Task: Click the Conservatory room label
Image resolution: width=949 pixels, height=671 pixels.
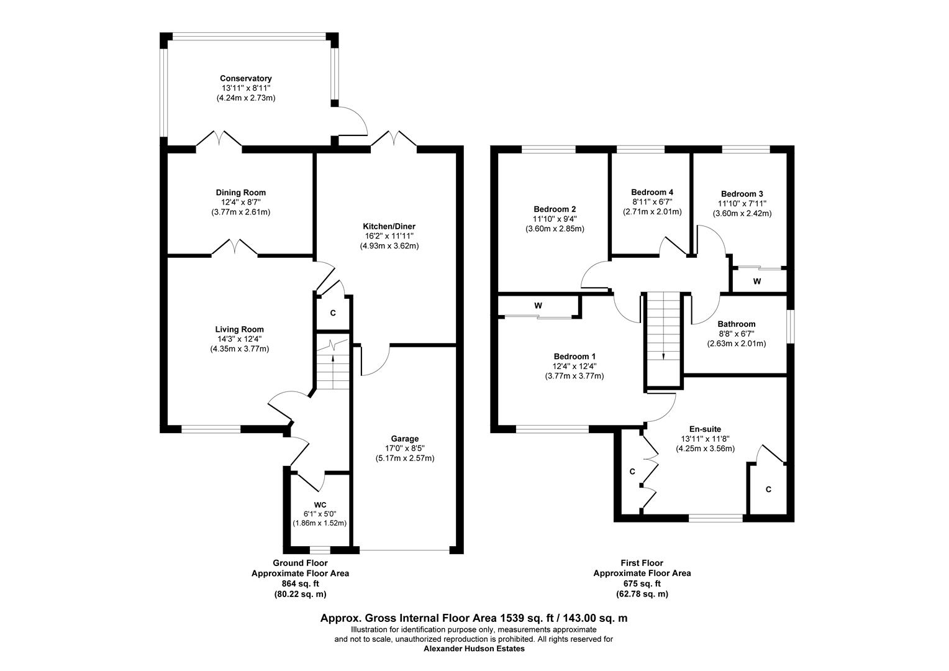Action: (x=245, y=78)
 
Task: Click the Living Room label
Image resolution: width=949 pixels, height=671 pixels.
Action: (x=239, y=329)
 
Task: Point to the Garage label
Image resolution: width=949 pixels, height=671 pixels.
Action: (x=404, y=439)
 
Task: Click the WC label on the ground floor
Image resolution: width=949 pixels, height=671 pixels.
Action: (x=320, y=504)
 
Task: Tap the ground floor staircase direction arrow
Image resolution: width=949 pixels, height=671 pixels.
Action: (x=332, y=358)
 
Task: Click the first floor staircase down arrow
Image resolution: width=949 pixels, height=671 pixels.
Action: (x=663, y=356)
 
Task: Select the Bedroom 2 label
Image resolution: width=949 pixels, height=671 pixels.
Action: (x=555, y=209)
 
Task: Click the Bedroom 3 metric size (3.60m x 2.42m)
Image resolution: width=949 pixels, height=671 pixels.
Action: (x=742, y=213)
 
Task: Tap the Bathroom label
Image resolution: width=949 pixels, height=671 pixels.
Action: (x=736, y=324)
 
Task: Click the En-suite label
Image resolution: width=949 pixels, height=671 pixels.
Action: (x=705, y=429)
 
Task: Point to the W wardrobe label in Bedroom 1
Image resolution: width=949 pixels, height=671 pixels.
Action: (x=538, y=306)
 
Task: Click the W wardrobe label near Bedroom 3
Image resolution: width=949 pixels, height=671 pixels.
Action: (x=756, y=281)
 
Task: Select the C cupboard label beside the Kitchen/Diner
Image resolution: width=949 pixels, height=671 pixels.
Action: (x=333, y=313)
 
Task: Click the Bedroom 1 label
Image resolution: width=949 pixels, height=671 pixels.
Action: (x=574, y=357)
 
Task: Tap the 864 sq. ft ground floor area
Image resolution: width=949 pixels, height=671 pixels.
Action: (x=300, y=583)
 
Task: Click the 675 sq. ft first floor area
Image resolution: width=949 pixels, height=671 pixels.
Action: (x=642, y=583)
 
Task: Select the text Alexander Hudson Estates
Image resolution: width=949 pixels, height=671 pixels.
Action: (x=474, y=649)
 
